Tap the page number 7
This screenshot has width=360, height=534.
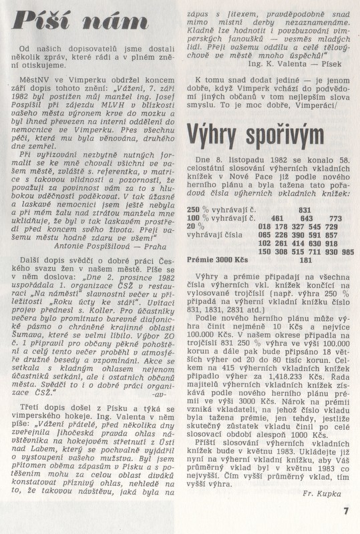click(346, 513)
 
